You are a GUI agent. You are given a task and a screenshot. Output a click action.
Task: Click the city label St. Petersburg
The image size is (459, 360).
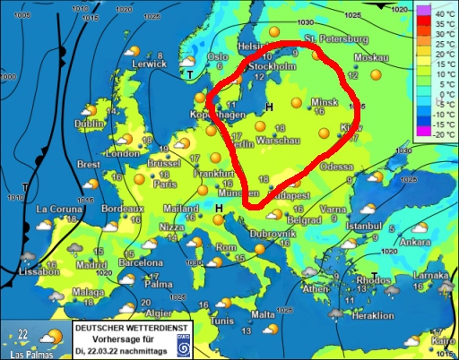coord(336,39)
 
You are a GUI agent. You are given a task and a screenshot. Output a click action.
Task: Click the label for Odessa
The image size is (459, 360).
coord(337,167)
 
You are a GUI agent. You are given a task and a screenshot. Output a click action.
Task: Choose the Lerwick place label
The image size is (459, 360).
coord(125,64)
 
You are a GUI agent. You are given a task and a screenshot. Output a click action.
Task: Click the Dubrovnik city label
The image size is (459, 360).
coord(273,234)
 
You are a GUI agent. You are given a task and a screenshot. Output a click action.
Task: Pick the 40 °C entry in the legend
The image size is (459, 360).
coord(440,15)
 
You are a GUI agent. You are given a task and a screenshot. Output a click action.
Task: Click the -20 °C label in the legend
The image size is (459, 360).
coord(439,134)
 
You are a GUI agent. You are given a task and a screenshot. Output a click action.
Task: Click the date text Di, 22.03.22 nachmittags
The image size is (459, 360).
coord(118,348)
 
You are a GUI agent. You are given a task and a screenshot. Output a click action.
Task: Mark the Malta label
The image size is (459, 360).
coord(263,314)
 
